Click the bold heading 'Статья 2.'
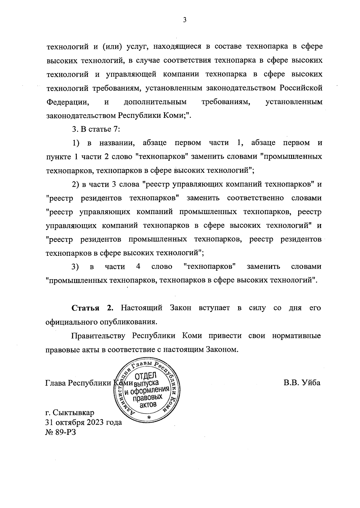click(x=92, y=308)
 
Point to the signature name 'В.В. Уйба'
click(x=302, y=383)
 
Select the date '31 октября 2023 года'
click(x=83, y=422)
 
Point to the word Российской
click(x=301, y=88)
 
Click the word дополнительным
click(x=155, y=102)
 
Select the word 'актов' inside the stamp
click(x=148, y=405)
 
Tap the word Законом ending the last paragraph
click(x=220, y=349)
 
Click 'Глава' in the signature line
click(x=55, y=383)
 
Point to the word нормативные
click(x=297, y=336)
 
